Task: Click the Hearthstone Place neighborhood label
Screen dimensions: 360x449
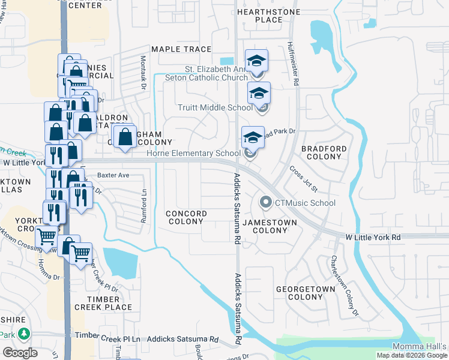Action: click(259, 16)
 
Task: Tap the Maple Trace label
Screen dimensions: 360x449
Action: click(181, 49)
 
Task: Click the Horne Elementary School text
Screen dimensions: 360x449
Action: click(194, 153)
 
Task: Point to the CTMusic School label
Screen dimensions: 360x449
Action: click(305, 203)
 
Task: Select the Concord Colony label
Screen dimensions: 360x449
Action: click(186, 217)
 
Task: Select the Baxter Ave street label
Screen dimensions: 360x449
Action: click(113, 175)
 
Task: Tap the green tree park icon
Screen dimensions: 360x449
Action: click(24, 333)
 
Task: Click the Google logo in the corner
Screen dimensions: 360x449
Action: click(20, 353)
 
